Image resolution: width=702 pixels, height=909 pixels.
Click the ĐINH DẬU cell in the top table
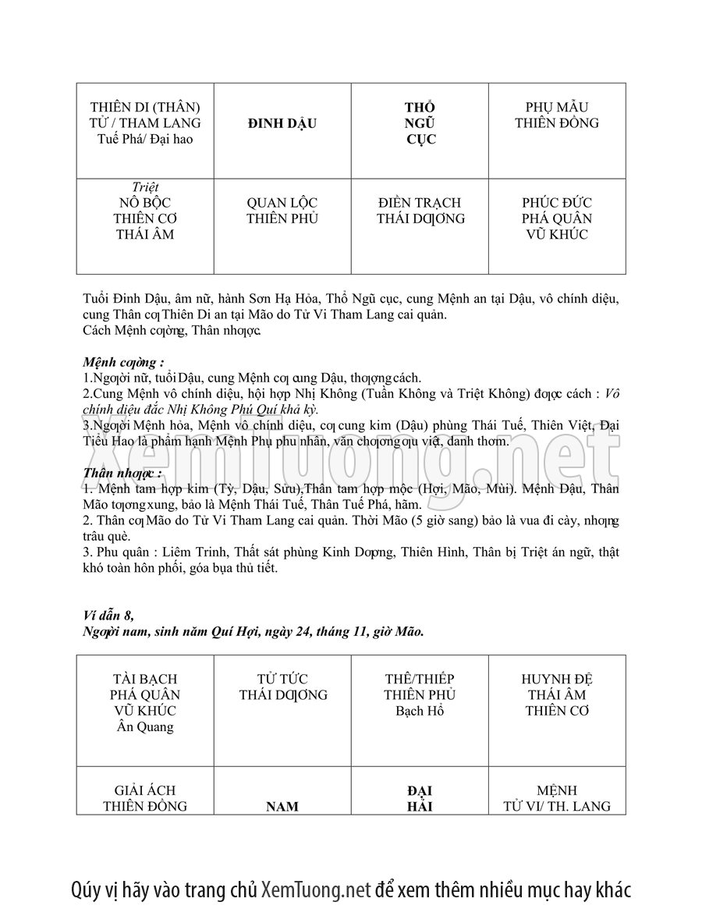click(282, 123)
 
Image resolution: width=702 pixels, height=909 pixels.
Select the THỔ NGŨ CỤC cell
click(420, 123)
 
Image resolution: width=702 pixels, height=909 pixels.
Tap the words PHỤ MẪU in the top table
click(557, 107)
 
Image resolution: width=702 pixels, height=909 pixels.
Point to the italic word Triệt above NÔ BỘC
click(144, 187)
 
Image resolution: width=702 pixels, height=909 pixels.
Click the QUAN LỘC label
click(282, 203)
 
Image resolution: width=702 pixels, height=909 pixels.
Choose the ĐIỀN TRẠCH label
click(420, 203)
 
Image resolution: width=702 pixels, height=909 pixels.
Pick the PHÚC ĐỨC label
click(557, 203)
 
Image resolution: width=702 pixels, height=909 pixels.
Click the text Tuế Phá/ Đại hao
click(144, 140)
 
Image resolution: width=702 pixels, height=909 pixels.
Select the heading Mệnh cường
click(123, 363)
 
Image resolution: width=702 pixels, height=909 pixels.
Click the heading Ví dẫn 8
click(108, 616)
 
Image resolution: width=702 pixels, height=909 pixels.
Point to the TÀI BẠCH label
click(144, 679)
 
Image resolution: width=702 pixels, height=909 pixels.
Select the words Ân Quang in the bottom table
click(144, 727)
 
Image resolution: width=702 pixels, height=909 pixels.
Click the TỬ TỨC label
click(282, 679)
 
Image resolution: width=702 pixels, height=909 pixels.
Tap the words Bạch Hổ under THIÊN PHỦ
click(420, 711)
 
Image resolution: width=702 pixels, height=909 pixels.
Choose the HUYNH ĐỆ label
click(557, 679)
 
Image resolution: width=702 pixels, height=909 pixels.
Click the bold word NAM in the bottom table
click(282, 806)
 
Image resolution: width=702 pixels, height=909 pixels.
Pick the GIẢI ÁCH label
click(144, 790)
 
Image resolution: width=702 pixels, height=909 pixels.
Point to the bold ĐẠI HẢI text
click(420, 798)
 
